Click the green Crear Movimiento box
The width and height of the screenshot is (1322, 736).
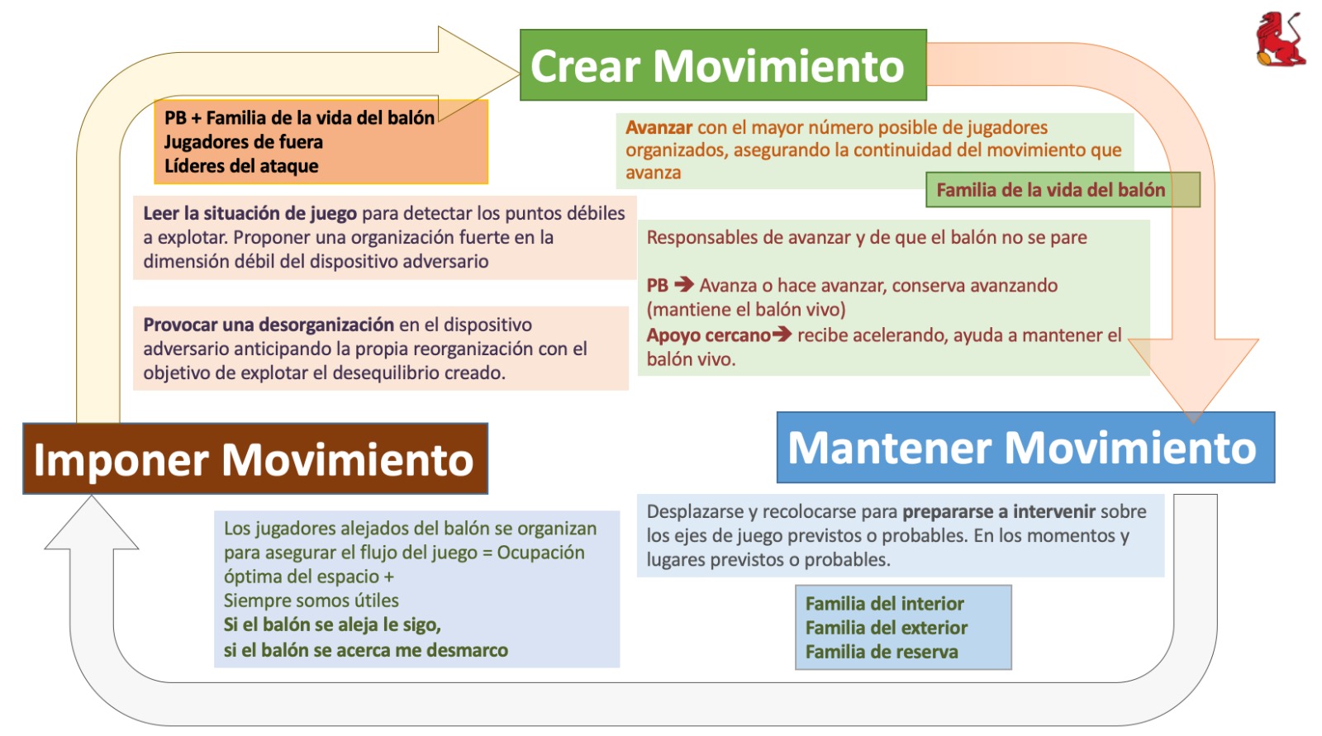(x=723, y=65)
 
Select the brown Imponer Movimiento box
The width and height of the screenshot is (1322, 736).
(x=254, y=459)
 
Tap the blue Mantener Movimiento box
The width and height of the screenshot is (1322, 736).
(x=1025, y=447)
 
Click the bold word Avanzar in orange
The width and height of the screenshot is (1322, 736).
(x=659, y=127)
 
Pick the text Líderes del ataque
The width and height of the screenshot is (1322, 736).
(x=241, y=166)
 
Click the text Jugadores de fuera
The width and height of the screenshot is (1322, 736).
(x=243, y=142)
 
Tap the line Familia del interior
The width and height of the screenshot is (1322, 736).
(x=884, y=604)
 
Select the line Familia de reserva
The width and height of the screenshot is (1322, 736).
(x=881, y=652)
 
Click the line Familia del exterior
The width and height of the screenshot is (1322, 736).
(x=886, y=628)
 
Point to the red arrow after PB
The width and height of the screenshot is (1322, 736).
(x=684, y=285)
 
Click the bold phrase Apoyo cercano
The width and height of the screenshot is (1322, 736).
(x=707, y=335)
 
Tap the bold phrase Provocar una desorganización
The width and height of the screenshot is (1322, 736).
(x=269, y=325)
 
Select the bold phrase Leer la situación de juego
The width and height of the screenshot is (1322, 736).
(x=250, y=213)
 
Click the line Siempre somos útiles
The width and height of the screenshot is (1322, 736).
(x=311, y=601)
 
